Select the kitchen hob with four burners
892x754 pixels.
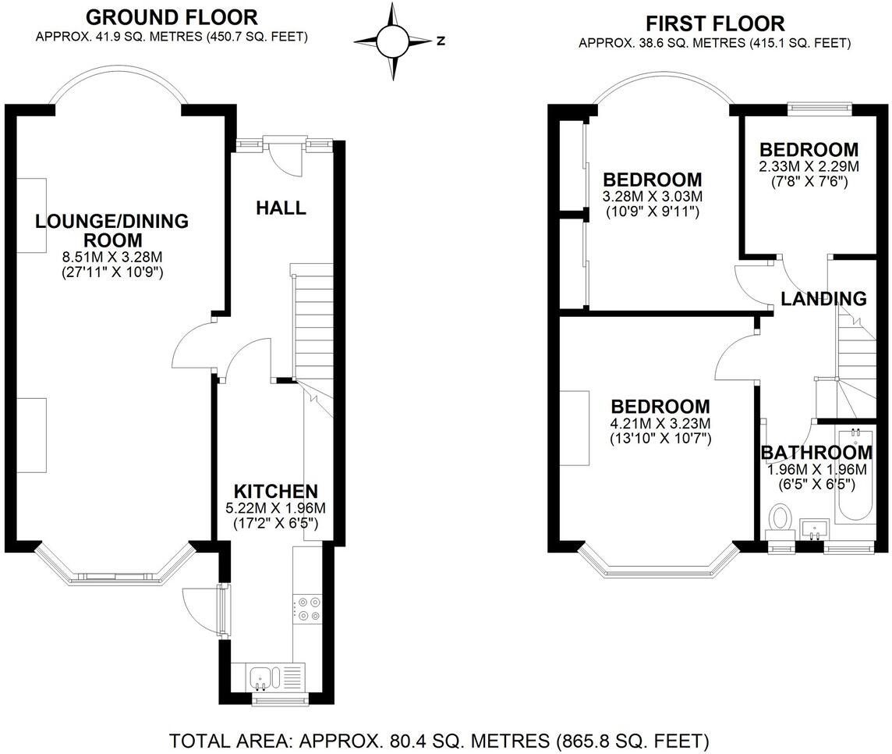tap(306, 609)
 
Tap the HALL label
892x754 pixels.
tap(281, 208)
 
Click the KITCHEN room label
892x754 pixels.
tap(276, 491)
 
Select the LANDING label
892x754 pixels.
tap(823, 298)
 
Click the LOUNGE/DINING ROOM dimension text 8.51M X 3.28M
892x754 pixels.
tap(111, 256)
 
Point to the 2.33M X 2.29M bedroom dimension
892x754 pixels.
tap(809, 166)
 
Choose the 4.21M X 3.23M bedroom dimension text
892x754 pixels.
tap(660, 423)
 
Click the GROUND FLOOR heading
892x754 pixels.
tap(172, 16)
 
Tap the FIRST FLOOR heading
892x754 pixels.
tap(714, 23)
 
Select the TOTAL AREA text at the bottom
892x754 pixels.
tap(439, 739)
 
